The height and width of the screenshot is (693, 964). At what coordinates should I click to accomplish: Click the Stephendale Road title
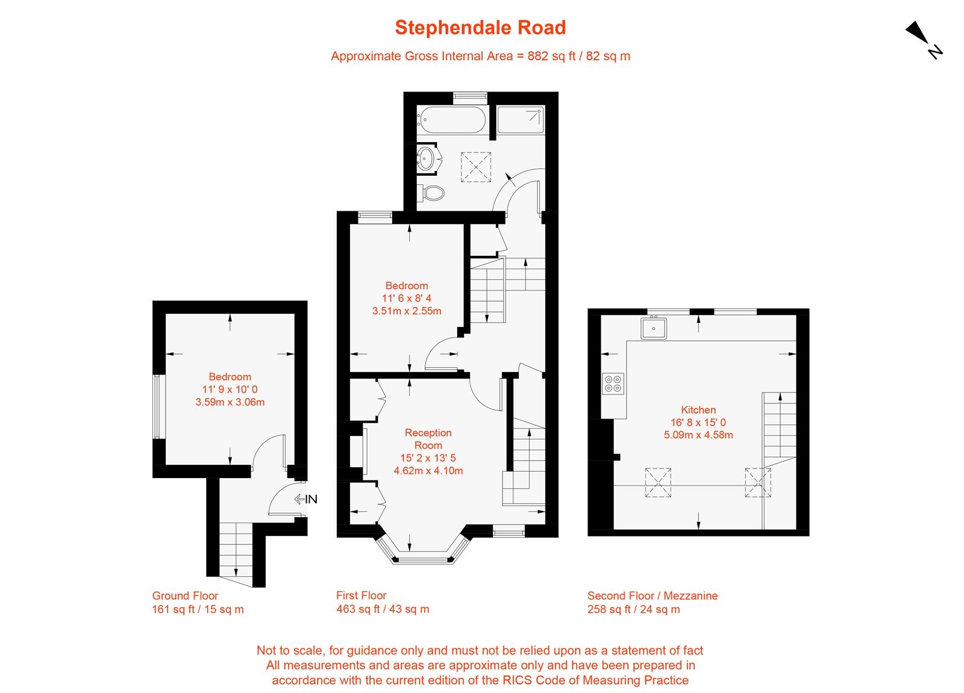pos(480,28)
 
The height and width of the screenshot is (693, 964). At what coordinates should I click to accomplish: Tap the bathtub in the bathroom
pos(451,120)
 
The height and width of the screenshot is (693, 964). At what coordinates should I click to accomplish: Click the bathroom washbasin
pos(427,158)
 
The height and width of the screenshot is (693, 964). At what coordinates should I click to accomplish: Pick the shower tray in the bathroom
pos(521,120)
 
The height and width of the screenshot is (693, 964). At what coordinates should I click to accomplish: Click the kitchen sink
pos(653,328)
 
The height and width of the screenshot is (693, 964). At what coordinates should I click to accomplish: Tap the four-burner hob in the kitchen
pos(613,384)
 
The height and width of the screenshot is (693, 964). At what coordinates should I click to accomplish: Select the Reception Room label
pos(428,439)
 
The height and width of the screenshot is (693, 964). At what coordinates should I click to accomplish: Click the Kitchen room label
pos(698,409)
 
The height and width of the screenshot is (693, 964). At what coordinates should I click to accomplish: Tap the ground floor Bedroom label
pos(230,377)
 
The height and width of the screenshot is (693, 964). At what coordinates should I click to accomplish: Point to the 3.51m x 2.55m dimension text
pos(407,311)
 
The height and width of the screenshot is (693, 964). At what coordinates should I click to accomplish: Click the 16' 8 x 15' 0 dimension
pos(698,422)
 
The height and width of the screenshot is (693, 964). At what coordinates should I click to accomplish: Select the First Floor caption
pos(361,595)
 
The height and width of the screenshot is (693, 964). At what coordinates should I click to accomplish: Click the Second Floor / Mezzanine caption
pos(653,595)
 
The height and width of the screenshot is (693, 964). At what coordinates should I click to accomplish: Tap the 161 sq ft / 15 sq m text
pos(198,609)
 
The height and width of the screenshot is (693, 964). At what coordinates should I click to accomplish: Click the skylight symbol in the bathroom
pos(476,167)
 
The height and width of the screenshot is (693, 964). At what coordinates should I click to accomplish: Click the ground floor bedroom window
pos(158,406)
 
